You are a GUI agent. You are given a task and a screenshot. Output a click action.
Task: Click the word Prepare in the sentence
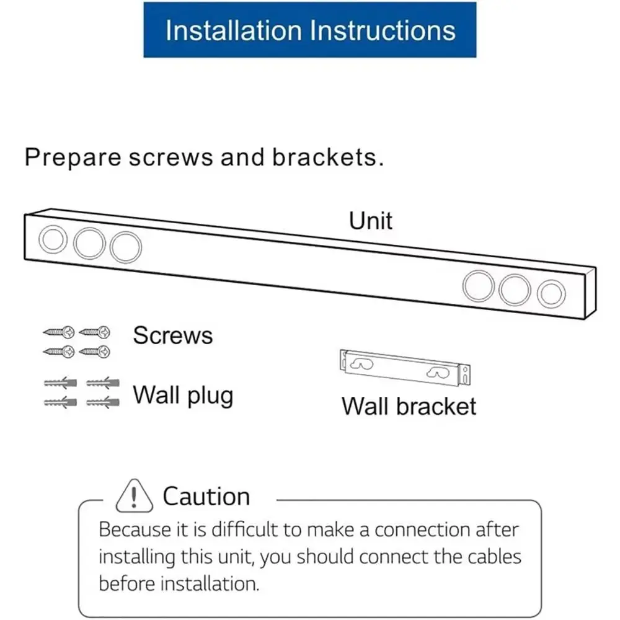point(72,157)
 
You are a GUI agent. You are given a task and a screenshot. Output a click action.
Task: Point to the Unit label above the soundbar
point(370,221)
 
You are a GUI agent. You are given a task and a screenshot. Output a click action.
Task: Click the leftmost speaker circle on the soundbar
point(52,240)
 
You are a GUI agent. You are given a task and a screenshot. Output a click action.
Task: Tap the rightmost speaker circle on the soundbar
point(551,293)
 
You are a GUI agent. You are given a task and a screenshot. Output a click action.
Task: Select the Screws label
point(172,335)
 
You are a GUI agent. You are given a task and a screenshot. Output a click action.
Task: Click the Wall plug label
point(183,394)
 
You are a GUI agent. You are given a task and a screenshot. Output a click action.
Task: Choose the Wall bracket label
point(409,406)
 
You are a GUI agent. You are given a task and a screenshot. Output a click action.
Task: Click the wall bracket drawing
point(405,368)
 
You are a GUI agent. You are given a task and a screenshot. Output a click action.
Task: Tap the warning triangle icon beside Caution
point(133,496)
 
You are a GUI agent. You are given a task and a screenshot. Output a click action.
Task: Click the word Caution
point(206,497)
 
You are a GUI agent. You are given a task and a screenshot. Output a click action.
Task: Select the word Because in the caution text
point(135,530)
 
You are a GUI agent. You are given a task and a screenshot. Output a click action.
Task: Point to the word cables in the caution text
point(491,557)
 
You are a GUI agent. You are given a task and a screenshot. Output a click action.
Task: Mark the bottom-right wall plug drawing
point(99,403)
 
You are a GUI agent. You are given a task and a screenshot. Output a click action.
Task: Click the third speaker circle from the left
point(126,246)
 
